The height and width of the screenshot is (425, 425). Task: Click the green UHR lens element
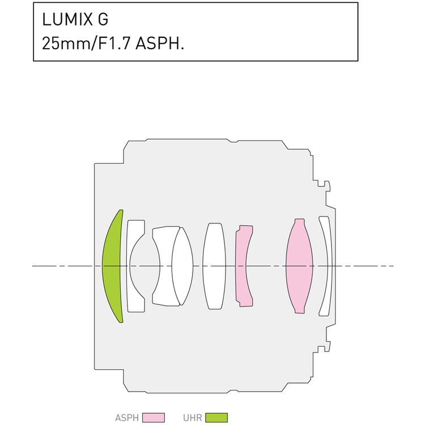point(112,266)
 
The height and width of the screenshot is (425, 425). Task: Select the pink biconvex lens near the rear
point(300,266)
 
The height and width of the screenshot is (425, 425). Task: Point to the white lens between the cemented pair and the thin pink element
point(214,266)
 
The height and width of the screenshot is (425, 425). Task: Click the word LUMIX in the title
point(67,20)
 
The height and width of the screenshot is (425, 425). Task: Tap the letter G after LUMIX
point(103,20)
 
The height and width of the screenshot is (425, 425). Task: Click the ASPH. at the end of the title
point(160,44)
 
